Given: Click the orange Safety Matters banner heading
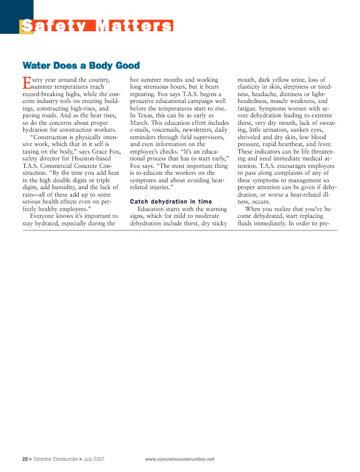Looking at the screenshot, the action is point(97,26).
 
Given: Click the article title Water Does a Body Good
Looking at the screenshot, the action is point(81,65).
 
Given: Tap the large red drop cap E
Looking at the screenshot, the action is point(26,82).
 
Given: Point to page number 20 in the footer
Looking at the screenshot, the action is point(24,459).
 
